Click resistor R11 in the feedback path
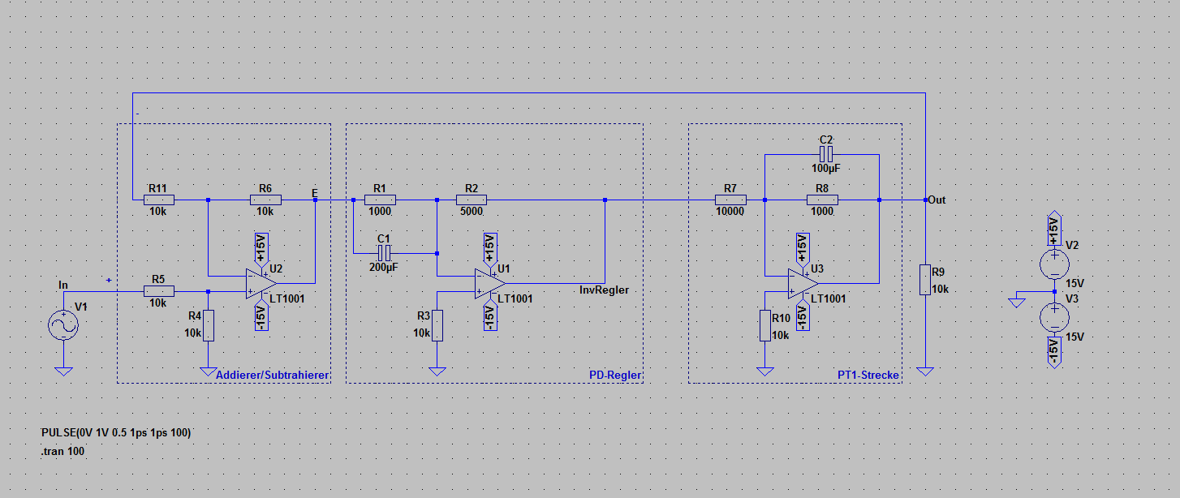(x=157, y=200)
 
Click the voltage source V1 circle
(x=63, y=325)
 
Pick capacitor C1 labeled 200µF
(x=384, y=253)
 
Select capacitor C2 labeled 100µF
(x=826, y=154)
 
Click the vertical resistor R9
(x=924, y=279)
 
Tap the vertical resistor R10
(x=764, y=325)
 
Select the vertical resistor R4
(x=209, y=325)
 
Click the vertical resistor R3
(x=437, y=325)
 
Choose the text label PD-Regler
(x=615, y=375)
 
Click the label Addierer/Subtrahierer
(x=272, y=375)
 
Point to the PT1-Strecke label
(x=868, y=375)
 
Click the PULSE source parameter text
(x=116, y=433)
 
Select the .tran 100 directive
(x=63, y=451)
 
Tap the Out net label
(x=937, y=200)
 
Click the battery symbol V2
(x=1054, y=264)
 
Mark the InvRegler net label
(x=604, y=290)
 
